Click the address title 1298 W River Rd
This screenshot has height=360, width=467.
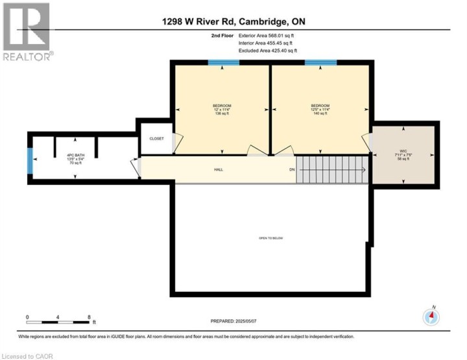click(233, 21)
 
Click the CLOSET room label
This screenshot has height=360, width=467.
click(156, 139)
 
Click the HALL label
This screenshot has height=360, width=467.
click(219, 170)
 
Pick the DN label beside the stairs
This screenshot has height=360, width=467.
click(292, 170)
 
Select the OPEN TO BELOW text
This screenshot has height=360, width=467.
click(271, 238)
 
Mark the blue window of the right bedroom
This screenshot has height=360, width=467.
click(320, 63)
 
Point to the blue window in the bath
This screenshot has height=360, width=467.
click(30, 161)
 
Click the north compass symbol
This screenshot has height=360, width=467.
click(431, 317)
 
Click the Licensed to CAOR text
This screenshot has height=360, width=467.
click(28, 355)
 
